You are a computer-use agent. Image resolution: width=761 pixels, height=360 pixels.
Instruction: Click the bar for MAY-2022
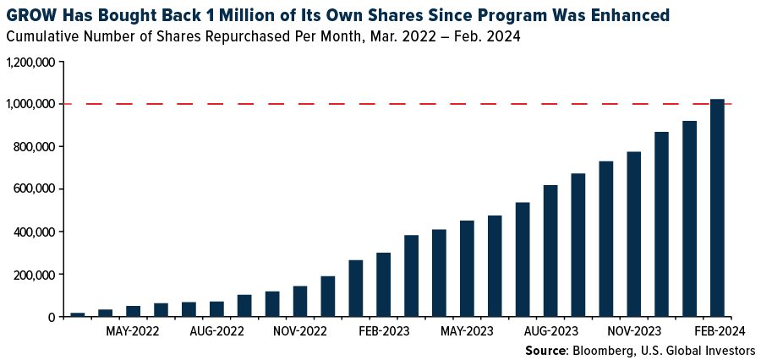click(x=133, y=312)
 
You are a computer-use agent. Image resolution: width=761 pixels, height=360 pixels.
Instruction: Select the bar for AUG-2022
click(x=216, y=309)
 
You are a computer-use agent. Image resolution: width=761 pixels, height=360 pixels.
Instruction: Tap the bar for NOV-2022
click(x=300, y=302)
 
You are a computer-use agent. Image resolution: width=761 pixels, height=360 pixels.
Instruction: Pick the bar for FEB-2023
click(x=383, y=286)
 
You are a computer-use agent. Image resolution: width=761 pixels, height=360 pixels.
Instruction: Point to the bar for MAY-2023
click(x=467, y=269)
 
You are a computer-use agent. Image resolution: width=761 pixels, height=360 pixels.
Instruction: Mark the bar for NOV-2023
click(x=634, y=235)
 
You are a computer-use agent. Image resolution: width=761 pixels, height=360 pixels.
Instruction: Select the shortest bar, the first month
click(x=78, y=314)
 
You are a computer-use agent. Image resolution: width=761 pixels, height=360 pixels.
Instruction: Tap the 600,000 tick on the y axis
click(x=35, y=189)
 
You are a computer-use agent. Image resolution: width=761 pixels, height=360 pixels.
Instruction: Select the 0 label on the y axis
click(x=52, y=318)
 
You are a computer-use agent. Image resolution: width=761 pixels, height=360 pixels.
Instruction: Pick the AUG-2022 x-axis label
click(x=216, y=330)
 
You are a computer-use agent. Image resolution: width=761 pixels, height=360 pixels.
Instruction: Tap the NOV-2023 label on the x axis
click(x=634, y=330)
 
